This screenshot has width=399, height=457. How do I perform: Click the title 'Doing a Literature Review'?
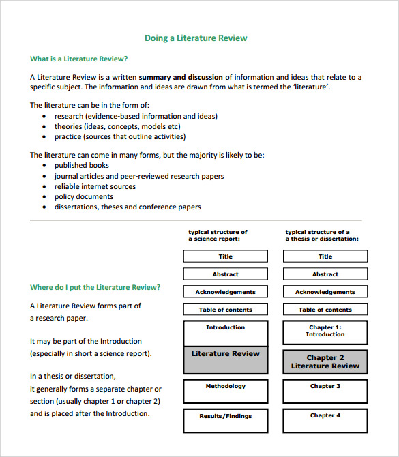pyautogui.click(x=196, y=38)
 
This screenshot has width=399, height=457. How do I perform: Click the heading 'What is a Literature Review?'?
pyautogui.click(x=78, y=59)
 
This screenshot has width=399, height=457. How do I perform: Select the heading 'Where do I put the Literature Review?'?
pyautogui.click(x=95, y=287)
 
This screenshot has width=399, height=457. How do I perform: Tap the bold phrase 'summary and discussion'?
pyautogui.click(x=181, y=77)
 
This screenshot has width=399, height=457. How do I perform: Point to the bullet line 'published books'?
pyautogui.click(x=81, y=165)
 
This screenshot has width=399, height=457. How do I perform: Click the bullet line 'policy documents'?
pyautogui.click(x=83, y=196)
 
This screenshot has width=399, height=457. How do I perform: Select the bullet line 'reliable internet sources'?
pyautogui.click(x=95, y=186)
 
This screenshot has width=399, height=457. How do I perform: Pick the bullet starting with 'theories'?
pyautogui.click(x=117, y=126)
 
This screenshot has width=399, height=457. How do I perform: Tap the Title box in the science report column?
pyautogui.click(x=226, y=256)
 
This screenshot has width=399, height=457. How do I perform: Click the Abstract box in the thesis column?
pyautogui.click(x=325, y=274)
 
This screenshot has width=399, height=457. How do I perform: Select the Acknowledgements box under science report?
pyautogui.click(x=226, y=292)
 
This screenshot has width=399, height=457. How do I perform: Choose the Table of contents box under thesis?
pyautogui.click(x=325, y=310)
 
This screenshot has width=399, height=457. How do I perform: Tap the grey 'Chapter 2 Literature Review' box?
pyautogui.click(x=325, y=362)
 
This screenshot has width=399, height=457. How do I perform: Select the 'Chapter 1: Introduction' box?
pyautogui.click(x=325, y=332)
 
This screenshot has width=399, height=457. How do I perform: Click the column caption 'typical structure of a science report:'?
pyautogui.click(x=218, y=235)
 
